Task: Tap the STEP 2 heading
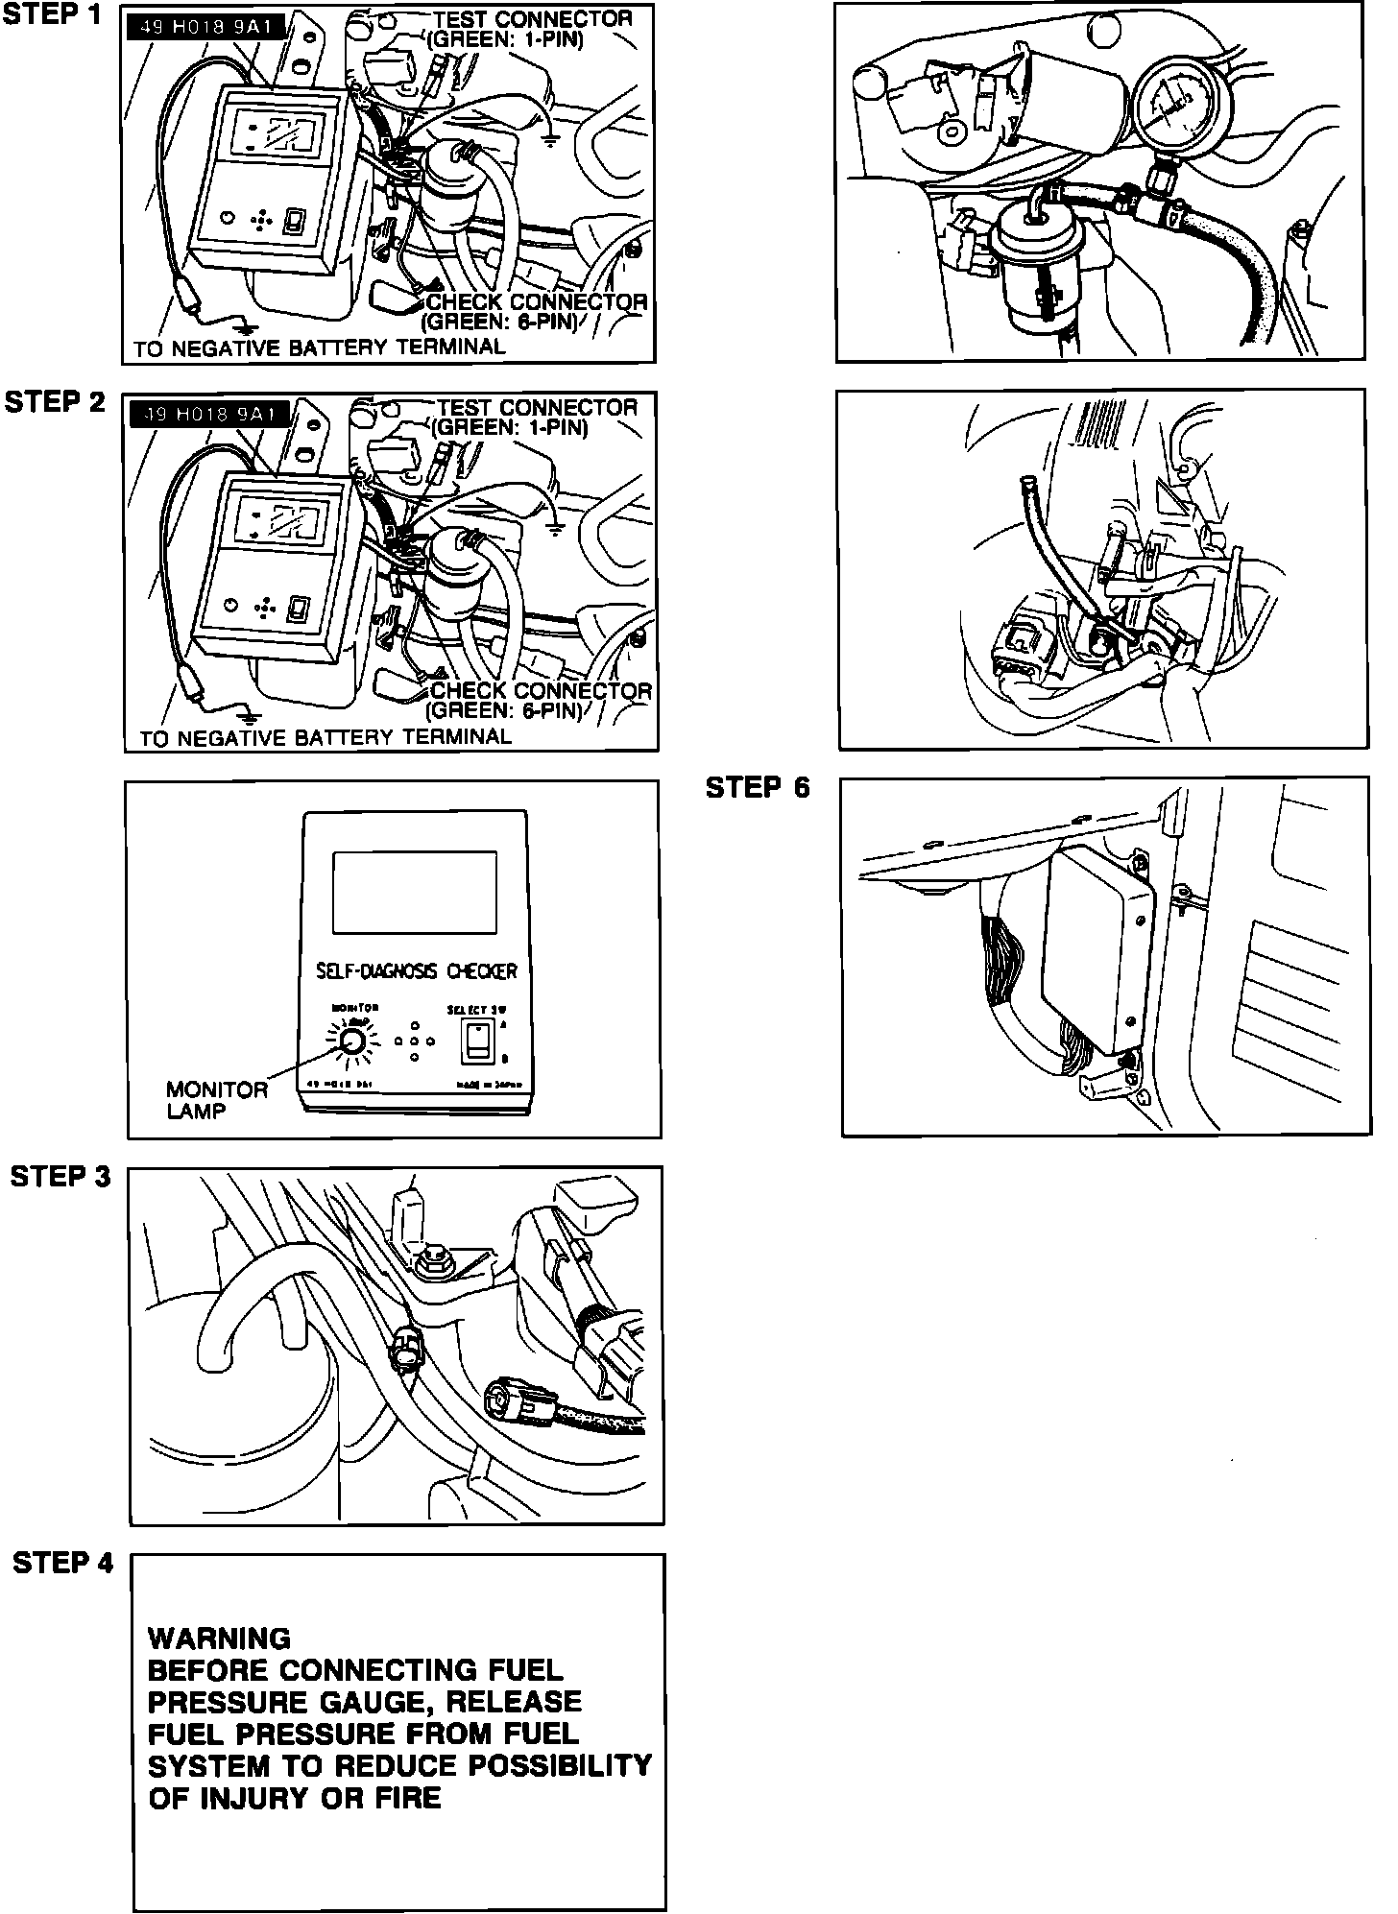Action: [x=55, y=402]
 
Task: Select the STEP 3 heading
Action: [x=60, y=1176]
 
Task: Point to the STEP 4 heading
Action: [x=62, y=1563]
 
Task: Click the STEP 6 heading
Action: [x=758, y=788]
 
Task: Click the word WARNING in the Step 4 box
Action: [x=219, y=1639]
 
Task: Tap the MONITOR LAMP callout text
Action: [x=217, y=1100]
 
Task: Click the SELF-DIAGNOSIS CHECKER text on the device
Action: [x=416, y=971]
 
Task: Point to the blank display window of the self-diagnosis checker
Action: [x=414, y=892]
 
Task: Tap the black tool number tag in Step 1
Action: [x=205, y=27]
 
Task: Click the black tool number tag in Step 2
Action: [x=209, y=415]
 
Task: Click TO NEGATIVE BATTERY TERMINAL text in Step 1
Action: [x=319, y=347]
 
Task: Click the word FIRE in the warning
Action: [x=407, y=1797]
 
